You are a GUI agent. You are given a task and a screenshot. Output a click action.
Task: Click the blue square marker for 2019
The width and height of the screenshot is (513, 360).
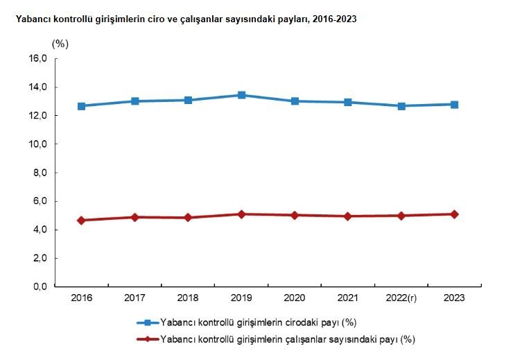pos(241,95)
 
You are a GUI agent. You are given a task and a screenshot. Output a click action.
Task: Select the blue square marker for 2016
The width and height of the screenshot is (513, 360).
pos(82,106)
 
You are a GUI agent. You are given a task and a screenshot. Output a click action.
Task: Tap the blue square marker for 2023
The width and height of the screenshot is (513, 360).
pos(454,105)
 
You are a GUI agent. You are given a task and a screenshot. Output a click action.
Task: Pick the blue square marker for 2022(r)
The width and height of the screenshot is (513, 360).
pos(401,106)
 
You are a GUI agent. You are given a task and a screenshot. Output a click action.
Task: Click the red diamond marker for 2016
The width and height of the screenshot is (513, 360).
pos(82,220)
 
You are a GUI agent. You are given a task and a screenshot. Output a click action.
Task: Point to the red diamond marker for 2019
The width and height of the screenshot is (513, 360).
pos(241,214)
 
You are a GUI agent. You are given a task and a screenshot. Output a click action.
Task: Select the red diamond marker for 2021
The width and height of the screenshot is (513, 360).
pos(348,216)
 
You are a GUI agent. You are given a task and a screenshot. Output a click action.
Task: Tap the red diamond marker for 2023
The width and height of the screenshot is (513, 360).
pos(454,214)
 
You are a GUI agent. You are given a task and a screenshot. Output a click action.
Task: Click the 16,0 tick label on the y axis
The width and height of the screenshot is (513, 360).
pos(37,59)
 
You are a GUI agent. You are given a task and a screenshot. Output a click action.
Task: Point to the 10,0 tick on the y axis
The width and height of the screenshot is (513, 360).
pos(37,144)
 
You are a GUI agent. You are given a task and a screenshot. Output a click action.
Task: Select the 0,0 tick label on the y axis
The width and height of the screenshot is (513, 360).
pos(39,286)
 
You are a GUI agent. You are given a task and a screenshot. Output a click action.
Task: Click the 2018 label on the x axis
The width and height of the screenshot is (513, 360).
pos(188,298)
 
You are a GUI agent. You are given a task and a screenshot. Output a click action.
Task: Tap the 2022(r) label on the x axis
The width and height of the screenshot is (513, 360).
pos(401,298)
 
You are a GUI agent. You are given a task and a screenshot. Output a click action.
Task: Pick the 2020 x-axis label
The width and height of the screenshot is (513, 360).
pos(295,298)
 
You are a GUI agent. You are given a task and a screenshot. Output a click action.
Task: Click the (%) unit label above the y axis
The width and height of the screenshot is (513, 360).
pos(61,43)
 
